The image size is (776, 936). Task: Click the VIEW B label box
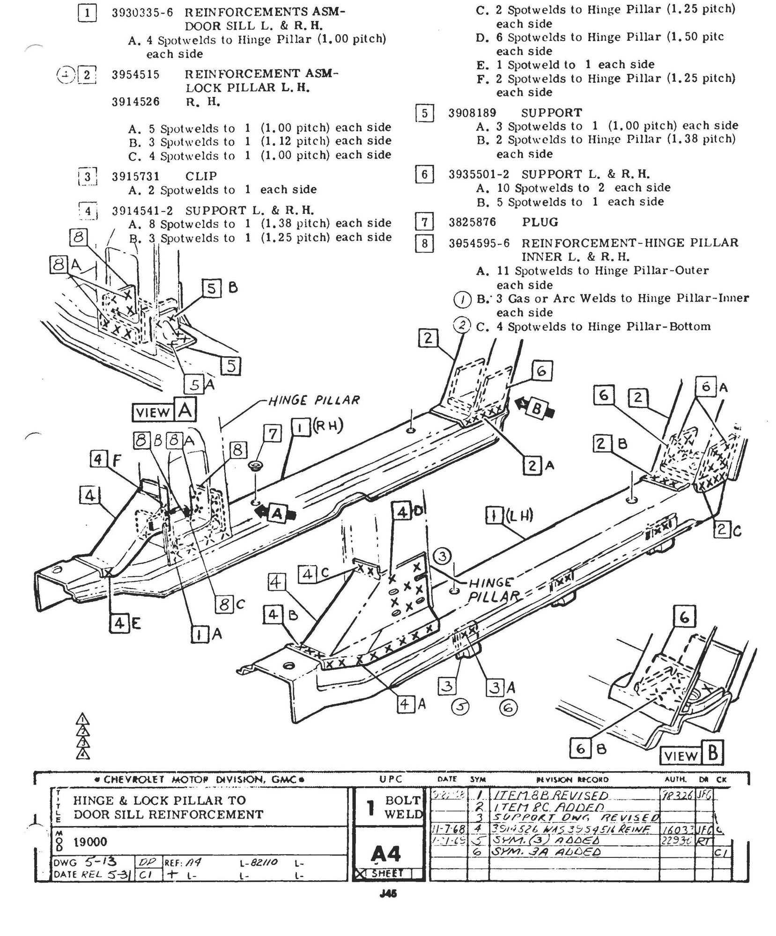coord(691,755)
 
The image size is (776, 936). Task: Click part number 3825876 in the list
coord(472,222)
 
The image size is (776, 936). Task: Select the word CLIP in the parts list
coord(201,176)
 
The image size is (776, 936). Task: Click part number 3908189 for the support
coord(472,113)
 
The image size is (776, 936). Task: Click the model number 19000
coord(90,842)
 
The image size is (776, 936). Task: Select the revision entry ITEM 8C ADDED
coord(543,806)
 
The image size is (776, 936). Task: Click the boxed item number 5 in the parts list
coord(424,114)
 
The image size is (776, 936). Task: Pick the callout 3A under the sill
coord(501,687)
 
